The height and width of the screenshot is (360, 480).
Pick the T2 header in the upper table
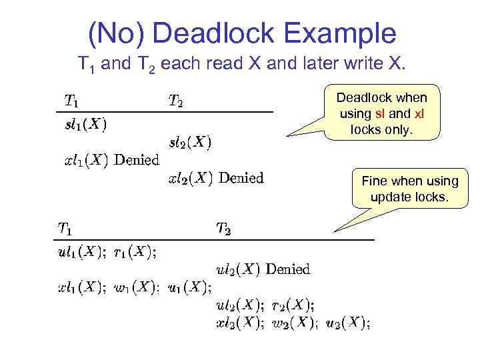(175, 101)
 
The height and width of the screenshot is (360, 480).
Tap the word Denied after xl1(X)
(137, 160)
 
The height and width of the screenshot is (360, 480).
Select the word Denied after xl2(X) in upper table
(241, 178)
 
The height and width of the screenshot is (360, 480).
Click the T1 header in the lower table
(65, 229)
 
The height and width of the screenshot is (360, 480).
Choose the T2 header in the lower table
(224, 229)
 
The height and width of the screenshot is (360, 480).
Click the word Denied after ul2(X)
(287, 269)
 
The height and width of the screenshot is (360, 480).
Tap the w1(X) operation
(136, 288)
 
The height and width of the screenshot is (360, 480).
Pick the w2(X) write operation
(293, 323)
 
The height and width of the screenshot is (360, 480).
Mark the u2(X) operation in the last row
(347, 323)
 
